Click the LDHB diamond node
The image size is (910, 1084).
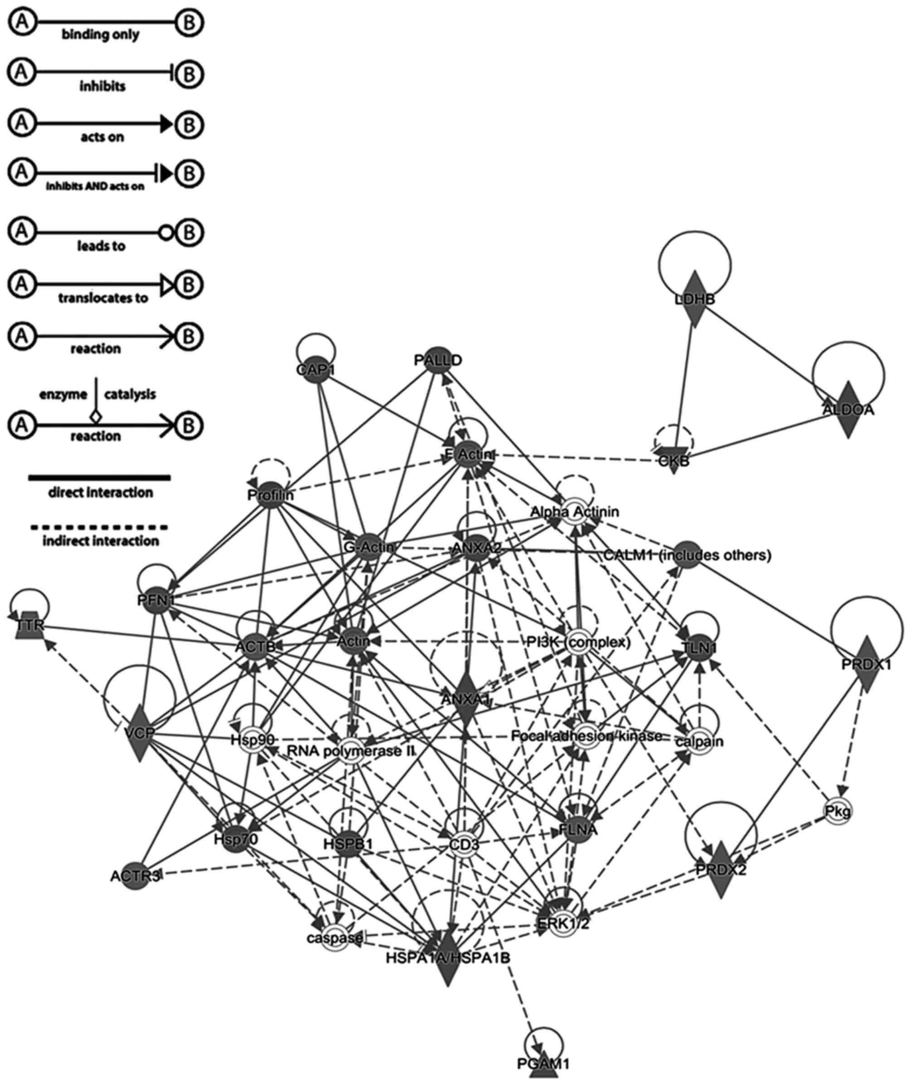click(695, 299)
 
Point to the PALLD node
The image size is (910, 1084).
click(438, 360)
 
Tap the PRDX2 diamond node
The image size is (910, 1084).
click(721, 870)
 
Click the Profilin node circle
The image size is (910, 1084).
click(270, 495)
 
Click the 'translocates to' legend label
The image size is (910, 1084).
click(103, 298)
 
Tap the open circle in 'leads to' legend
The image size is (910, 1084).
click(165, 232)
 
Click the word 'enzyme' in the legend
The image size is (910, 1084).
click(63, 395)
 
